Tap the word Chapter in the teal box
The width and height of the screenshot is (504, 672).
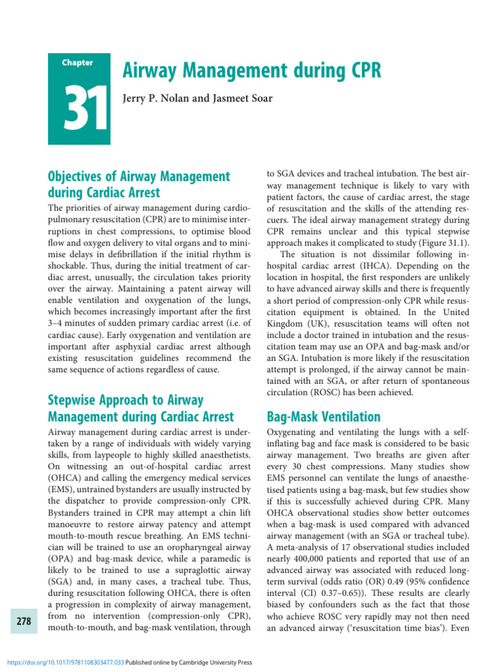point(77,63)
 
